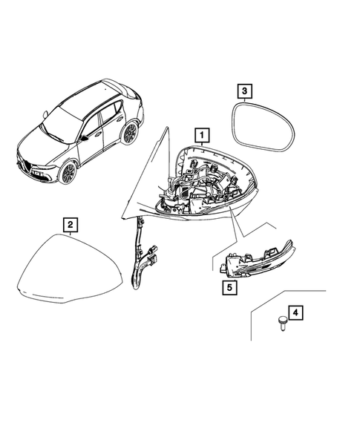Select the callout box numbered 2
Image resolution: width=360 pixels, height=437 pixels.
68,223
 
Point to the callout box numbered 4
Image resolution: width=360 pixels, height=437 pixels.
295,315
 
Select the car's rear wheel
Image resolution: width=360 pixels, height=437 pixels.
131,133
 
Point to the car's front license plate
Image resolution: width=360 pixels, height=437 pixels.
35,174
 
